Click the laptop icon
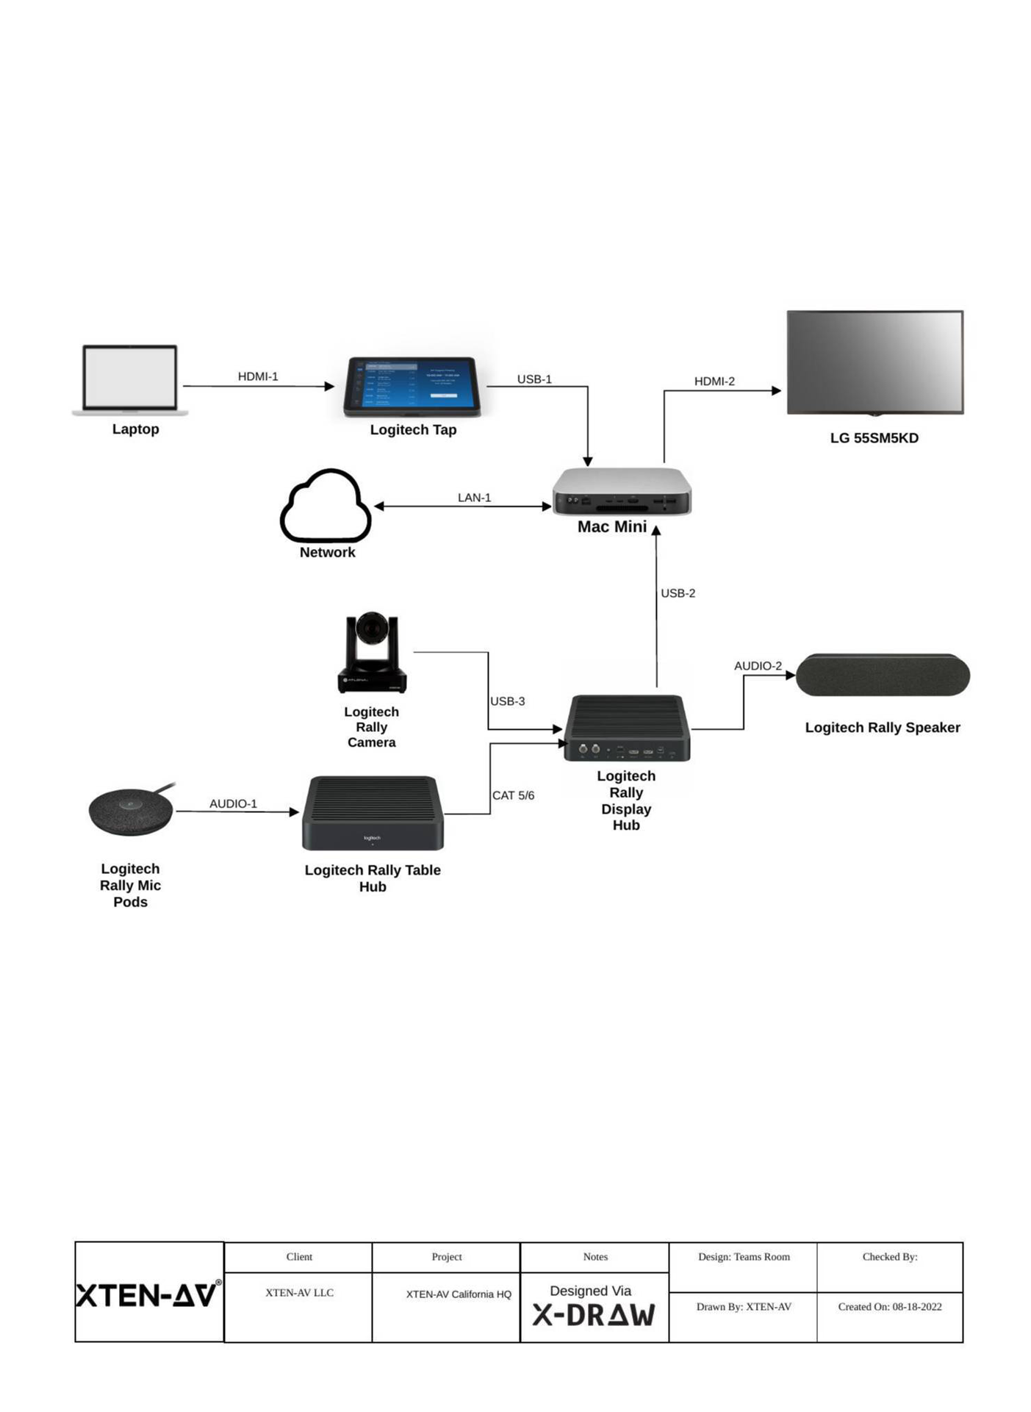tap(130, 379)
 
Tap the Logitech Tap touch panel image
tap(412, 386)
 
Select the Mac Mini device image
tap(622, 491)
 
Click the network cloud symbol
tap(326, 506)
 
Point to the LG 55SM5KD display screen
tap(874, 362)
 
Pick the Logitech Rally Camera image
tap(372, 653)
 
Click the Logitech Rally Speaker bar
tap(883, 675)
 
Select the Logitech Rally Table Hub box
tap(373, 813)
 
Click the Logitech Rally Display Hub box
tap(627, 728)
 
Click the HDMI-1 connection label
tap(258, 376)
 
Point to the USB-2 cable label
tap(678, 593)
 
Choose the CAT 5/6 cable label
tap(513, 795)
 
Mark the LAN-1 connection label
tap(474, 498)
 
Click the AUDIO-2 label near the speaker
tap(758, 666)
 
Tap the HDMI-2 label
tap(714, 381)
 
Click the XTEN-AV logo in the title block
tap(148, 1295)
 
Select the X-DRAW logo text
tap(594, 1315)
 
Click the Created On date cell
tap(889, 1307)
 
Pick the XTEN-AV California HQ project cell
tap(459, 1294)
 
